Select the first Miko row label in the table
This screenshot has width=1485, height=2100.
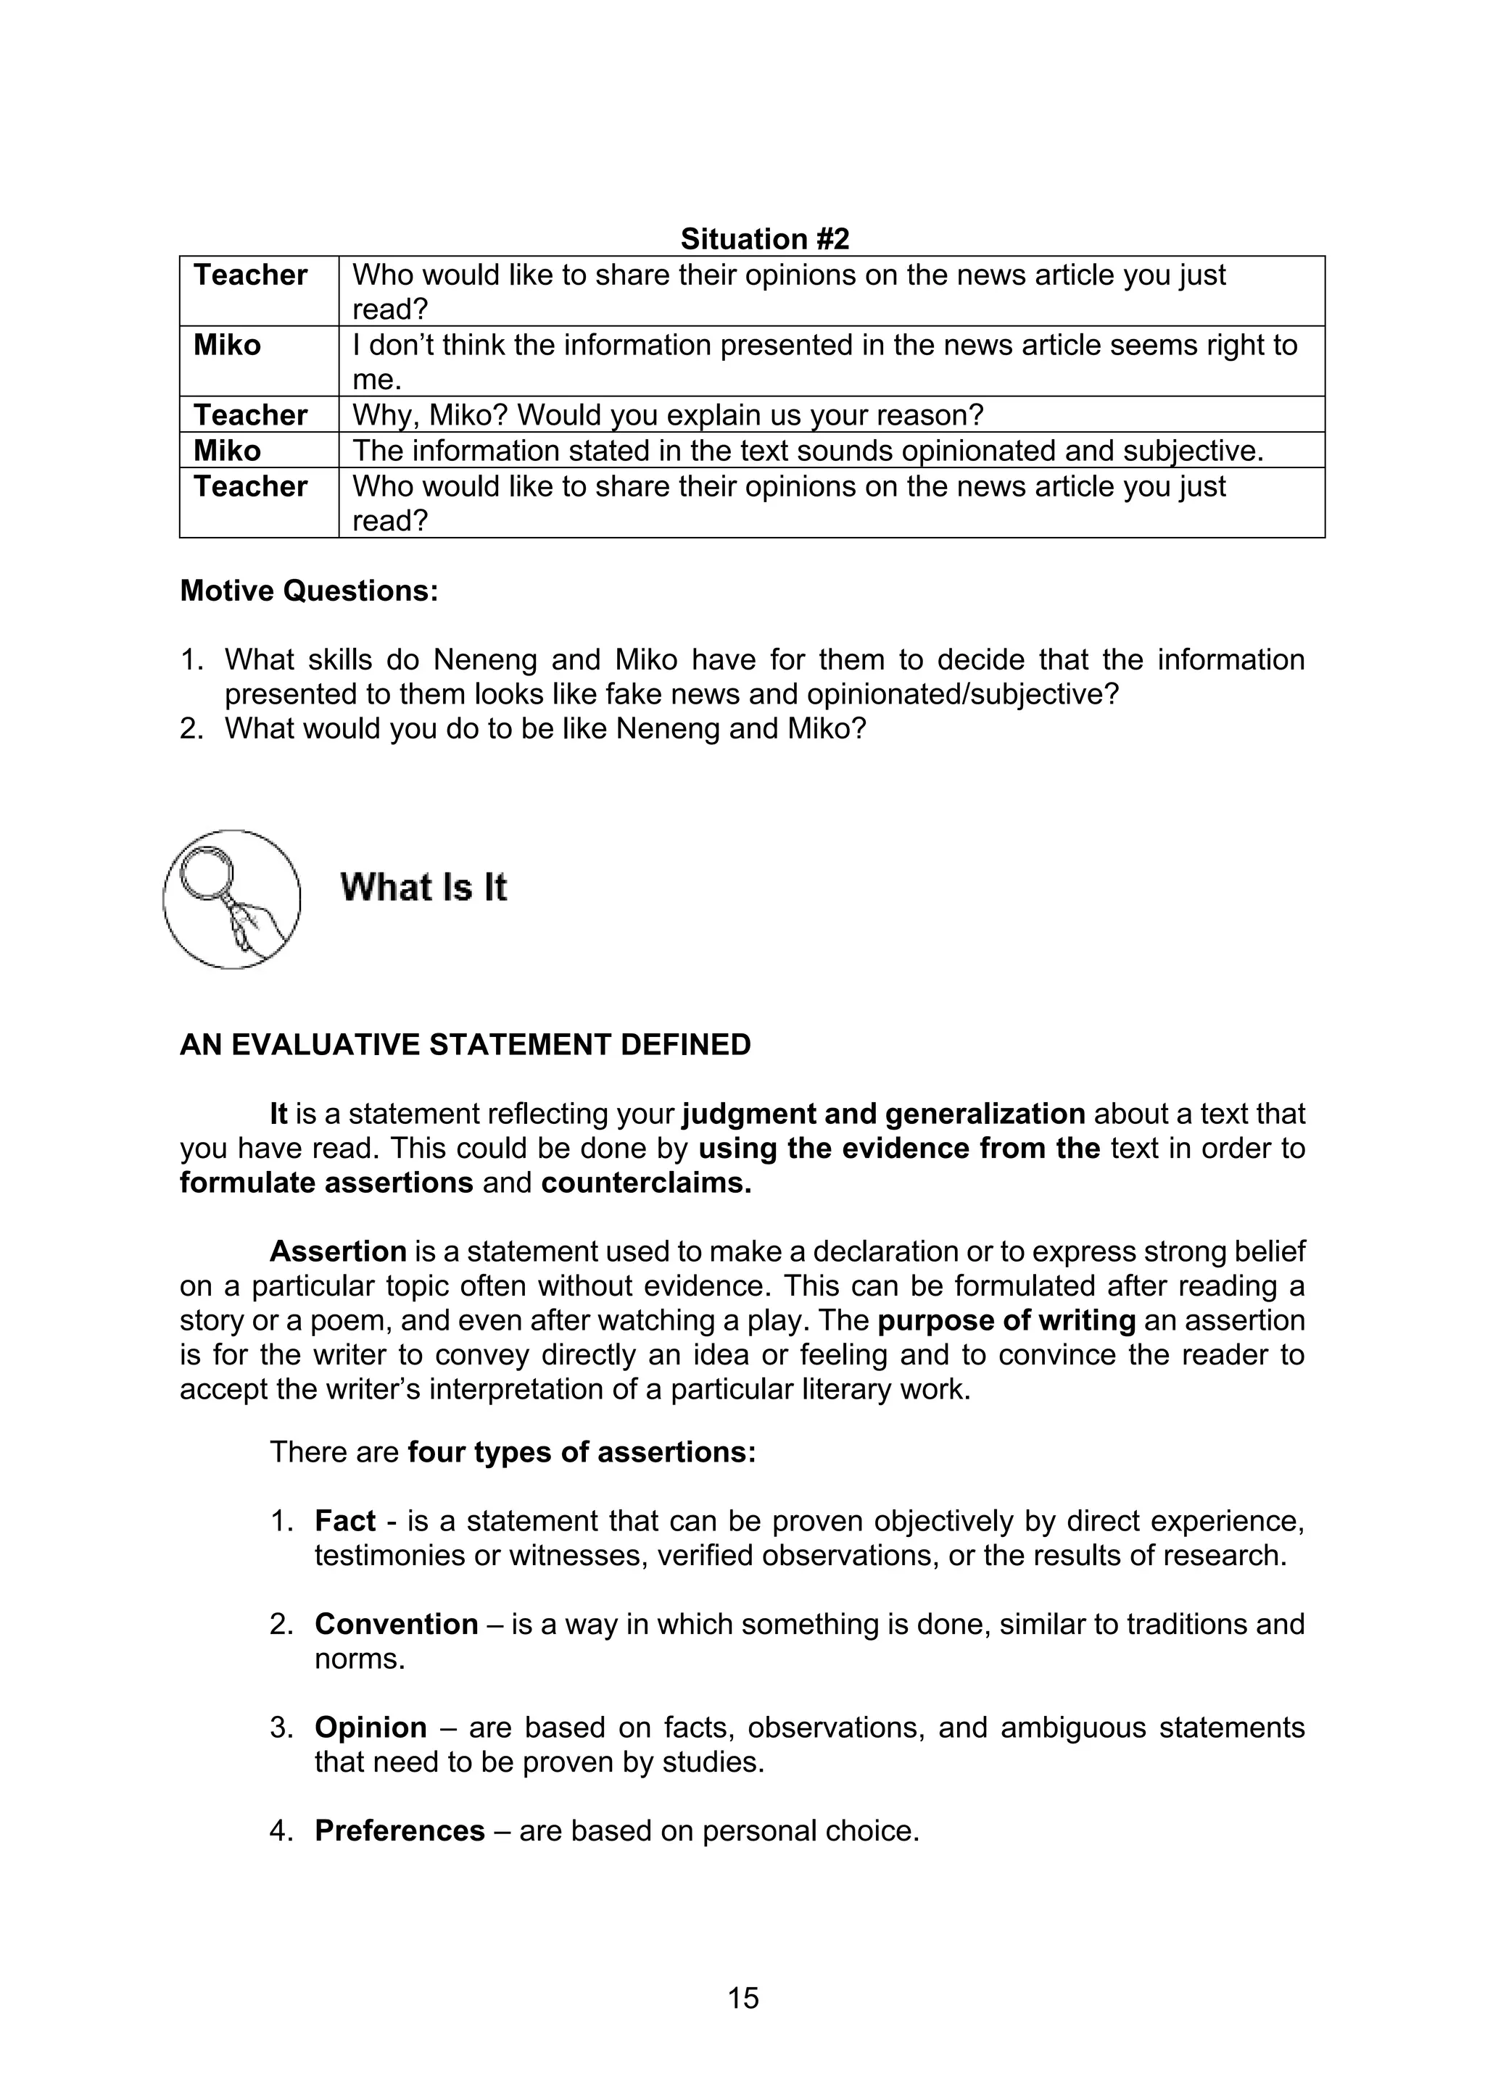(x=227, y=346)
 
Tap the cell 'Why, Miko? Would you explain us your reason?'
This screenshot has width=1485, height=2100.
(x=667, y=415)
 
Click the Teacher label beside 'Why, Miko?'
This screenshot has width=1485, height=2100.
(x=249, y=415)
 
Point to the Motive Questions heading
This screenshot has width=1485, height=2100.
(x=310, y=591)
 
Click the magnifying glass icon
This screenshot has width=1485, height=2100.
(x=231, y=899)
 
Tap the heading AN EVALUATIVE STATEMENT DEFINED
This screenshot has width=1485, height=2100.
(x=465, y=1044)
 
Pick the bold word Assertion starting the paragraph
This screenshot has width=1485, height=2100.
(x=338, y=1251)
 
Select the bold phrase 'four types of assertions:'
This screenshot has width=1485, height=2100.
(x=582, y=1452)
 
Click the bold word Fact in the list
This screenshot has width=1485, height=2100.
(x=345, y=1521)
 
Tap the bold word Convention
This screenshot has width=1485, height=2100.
(x=396, y=1625)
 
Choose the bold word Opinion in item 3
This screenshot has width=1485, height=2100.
(x=371, y=1728)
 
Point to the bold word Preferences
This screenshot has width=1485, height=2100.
(x=400, y=1831)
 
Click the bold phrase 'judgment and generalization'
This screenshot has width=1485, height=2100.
(x=884, y=1114)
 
